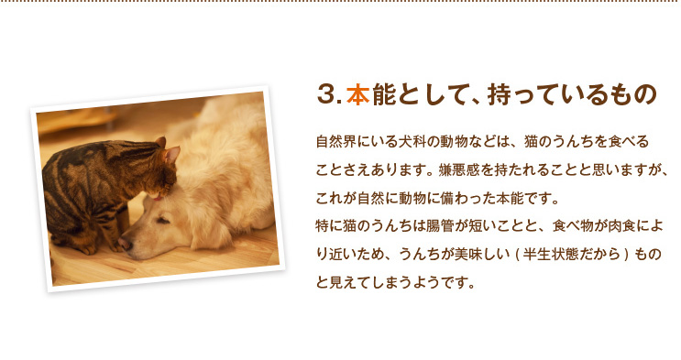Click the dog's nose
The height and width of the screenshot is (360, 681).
pyautogui.click(x=126, y=245)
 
